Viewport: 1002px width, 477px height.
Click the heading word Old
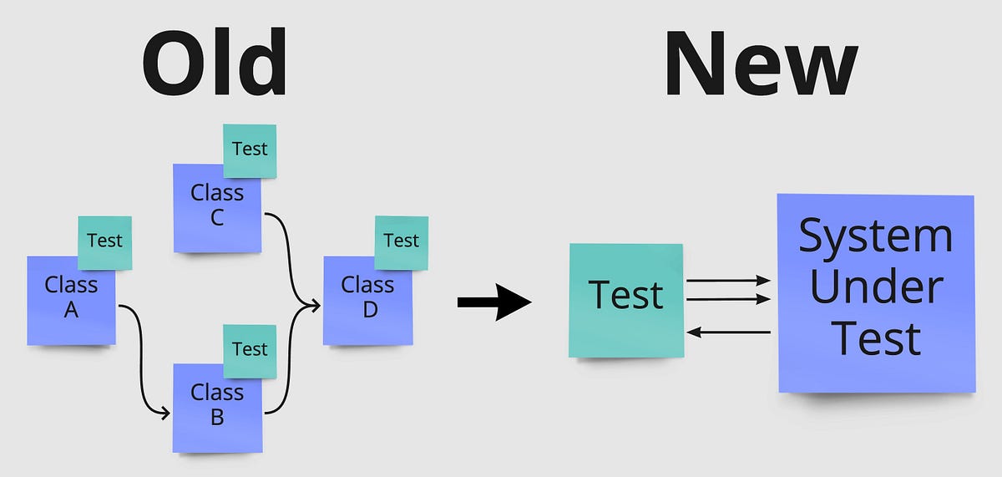click(215, 65)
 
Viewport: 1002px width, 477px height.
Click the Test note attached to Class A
click(104, 241)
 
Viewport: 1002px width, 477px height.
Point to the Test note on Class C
click(250, 150)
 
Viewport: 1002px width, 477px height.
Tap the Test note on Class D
click(401, 241)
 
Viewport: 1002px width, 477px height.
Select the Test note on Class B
click(250, 349)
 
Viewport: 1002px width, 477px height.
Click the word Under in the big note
click(876, 288)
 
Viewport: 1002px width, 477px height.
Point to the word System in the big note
click(876, 236)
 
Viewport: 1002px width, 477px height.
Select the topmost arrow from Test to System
click(726, 282)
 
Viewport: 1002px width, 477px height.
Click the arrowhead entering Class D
click(315, 306)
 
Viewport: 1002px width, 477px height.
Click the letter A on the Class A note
click(71, 311)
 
